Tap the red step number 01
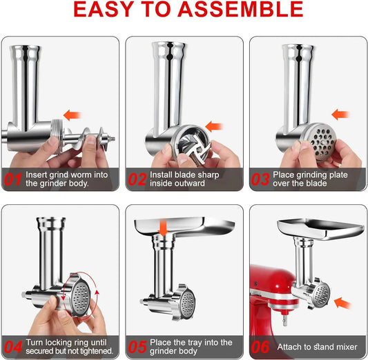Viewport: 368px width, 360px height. point(13,180)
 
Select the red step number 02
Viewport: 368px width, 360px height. point(137,180)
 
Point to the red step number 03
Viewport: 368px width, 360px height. point(261,180)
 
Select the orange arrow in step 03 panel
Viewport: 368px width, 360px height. point(338,114)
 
